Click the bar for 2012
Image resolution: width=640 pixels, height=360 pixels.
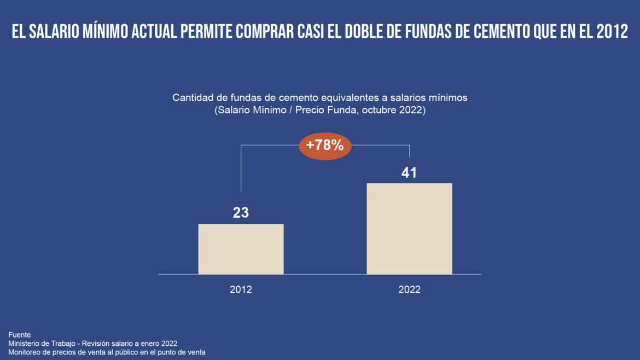(x=241, y=249)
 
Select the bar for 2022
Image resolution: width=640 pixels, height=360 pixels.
(x=409, y=229)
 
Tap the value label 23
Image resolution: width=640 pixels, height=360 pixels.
(x=241, y=213)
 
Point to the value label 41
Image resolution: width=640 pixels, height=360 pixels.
(x=409, y=173)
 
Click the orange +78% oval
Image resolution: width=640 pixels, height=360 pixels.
(x=325, y=146)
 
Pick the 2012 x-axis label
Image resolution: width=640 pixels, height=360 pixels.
(x=241, y=290)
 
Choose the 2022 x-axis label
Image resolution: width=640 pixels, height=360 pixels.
(x=409, y=290)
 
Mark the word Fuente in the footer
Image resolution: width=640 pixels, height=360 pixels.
(x=20, y=334)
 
